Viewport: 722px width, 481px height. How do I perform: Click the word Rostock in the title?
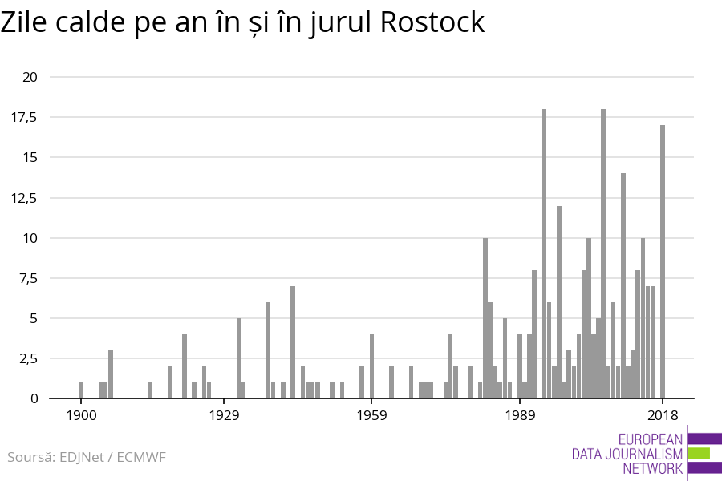(432, 22)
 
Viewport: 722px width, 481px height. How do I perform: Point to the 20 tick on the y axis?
(30, 77)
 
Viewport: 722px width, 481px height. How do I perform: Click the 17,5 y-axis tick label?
(24, 117)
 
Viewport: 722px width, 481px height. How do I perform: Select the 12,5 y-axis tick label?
(24, 198)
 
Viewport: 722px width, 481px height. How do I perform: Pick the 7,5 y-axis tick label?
(27, 278)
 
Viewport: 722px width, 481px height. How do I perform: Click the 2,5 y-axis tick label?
(27, 358)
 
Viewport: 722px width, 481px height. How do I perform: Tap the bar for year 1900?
(81, 390)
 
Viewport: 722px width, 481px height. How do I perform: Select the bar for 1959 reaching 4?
(371, 366)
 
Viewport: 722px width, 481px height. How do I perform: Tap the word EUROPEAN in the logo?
(651, 439)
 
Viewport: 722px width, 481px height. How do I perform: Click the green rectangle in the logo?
(699, 453)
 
